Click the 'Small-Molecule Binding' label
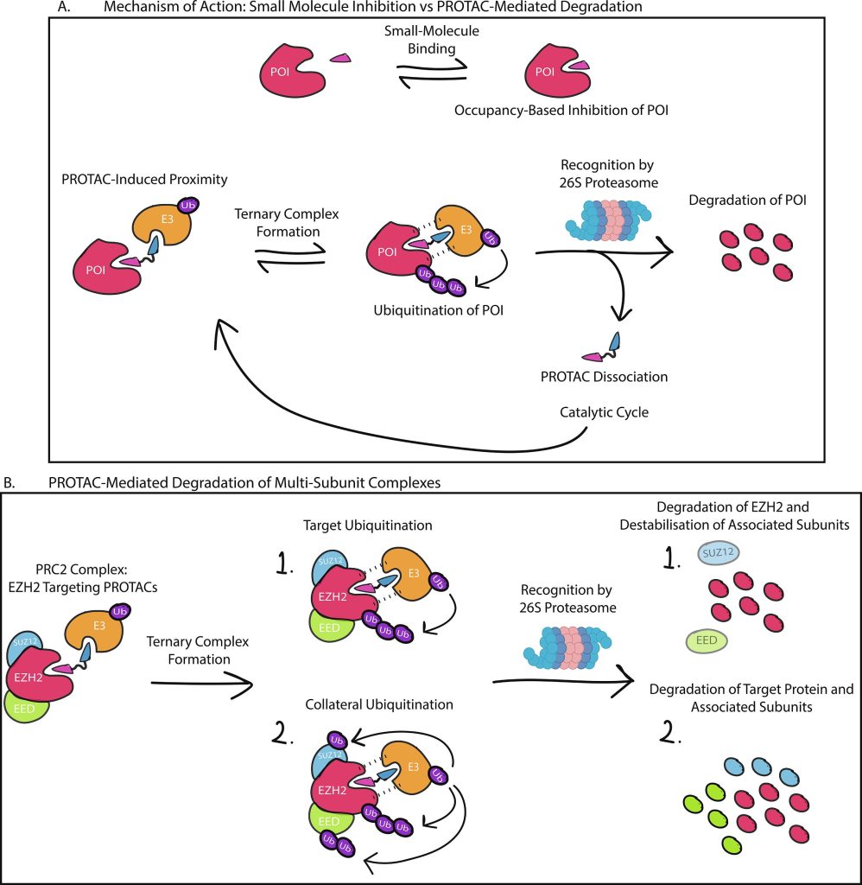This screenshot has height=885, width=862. click(431, 40)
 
